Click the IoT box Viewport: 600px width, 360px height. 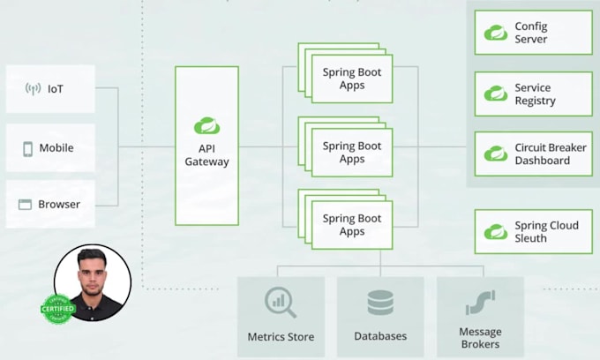[x=50, y=88]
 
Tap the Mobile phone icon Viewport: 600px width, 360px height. [x=28, y=148]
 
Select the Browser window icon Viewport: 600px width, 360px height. [x=26, y=205]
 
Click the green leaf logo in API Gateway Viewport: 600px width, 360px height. [x=206, y=124]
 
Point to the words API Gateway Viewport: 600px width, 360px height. [x=206, y=154]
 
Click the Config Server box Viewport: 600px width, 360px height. [x=533, y=33]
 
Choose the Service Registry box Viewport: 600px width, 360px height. [x=533, y=94]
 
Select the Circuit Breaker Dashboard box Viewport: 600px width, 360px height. [x=533, y=154]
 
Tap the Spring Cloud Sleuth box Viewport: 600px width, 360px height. [x=533, y=232]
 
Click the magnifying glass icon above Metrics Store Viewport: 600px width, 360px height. [x=281, y=303]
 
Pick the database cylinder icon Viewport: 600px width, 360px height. [x=380, y=303]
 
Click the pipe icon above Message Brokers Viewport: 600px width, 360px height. [x=480, y=303]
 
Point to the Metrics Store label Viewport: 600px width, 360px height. [x=281, y=336]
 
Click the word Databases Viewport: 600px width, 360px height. [x=380, y=336]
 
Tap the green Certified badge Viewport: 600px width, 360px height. [x=57, y=308]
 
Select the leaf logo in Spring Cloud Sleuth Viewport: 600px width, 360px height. [x=495, y=232]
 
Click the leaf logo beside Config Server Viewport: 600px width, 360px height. [x=495, y=33]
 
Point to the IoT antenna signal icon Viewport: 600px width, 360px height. [x=33, y=89]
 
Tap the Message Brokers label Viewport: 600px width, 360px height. [x=480, y=338]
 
